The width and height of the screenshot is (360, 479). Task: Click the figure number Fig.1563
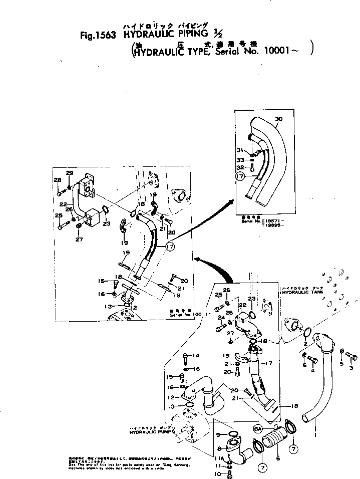(98, 36)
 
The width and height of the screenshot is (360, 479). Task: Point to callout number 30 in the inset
(279, 119)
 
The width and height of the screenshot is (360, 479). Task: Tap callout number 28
(58, 181)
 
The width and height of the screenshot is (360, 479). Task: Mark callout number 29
(69, 173)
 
